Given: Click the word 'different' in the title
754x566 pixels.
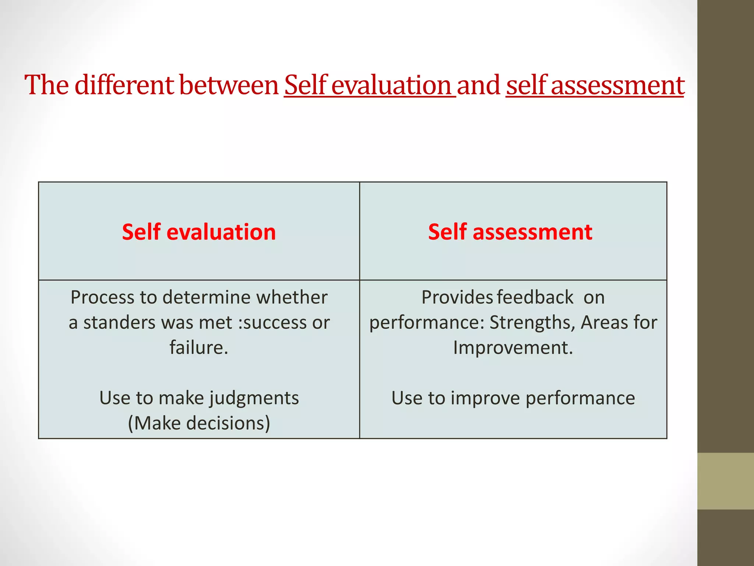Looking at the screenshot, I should pyautogui.click(x=124, y=85).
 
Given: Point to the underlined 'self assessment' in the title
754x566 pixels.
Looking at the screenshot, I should pyautogui.click(x=595, y=85).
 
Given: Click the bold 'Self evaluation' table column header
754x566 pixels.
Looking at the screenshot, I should pyautogui.click(x=199, y=232).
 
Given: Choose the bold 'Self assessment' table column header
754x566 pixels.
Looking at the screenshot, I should pyautogui.click(x=510, y=232).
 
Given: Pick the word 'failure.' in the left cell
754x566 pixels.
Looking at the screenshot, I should pyautogui.click(x=199, y=347).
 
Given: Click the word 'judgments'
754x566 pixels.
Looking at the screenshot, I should pyautogui.click(x=254, y=398).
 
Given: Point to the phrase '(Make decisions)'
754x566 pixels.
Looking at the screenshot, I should pyautogui.click(x=199, y=423).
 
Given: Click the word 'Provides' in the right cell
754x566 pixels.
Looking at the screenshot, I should pyautogui.click(x=457, y=297).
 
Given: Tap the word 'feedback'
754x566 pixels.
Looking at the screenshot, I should pyautogui.click(x=535, y=297).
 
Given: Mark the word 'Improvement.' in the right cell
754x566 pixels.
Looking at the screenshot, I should pyautogui.click(x=513, y=347).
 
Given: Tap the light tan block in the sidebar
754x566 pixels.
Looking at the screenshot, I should pyautogui.click(x=725, y=481).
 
